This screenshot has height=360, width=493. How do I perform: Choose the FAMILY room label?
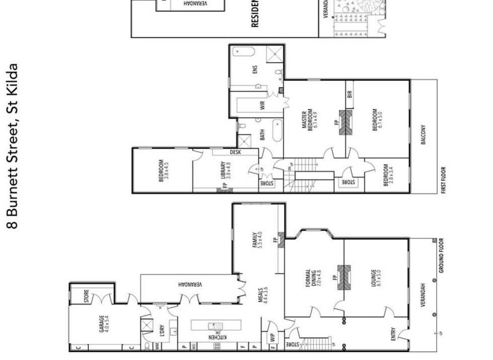click(x=258, y=240)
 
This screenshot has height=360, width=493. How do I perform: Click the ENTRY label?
click(x=393, y=335)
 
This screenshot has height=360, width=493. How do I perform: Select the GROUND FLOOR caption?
click(x=441, y=255)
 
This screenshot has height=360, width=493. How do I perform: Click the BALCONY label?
click(x=423, y=135)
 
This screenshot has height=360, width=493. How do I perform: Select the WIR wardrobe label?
click(x=262, y=106)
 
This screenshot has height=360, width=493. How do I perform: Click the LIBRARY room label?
click(x=225, y=170)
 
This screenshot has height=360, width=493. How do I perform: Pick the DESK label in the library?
click(x=235, y=152)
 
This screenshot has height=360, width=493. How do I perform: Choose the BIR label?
click(x=349, y=94)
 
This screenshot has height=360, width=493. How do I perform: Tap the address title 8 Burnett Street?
click(x=13, y=146)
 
